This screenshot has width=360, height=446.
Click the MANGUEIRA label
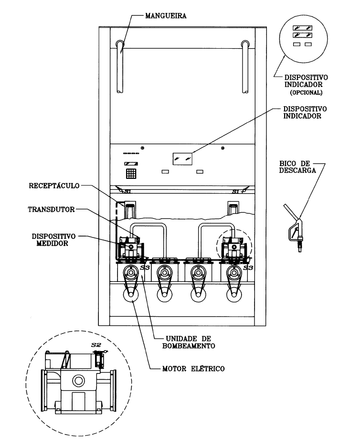click(x=166, y=16)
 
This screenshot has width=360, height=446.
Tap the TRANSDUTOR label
click(x=51, y=209)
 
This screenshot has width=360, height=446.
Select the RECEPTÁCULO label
click(x=54, y=186)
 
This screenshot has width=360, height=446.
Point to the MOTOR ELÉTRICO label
click(x=193, y=369)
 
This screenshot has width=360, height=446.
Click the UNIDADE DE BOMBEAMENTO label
click(x=189, y=342)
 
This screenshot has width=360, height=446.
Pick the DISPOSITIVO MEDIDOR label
click(x=53, y=240)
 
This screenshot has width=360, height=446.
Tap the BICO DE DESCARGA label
click(x=297, y=167)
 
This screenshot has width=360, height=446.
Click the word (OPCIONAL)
click(x=306, y=93)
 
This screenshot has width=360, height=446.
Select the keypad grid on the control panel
click(x=131, y=174)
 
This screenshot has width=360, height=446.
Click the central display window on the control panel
click(x=182, y=159)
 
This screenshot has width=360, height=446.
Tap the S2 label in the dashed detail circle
click(x=96, y=345)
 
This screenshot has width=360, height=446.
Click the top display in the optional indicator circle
click(x=303, y=28)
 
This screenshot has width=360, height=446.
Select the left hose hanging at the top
click(x=120, y=67)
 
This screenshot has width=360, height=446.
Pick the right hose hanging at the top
click(x=245, y=67)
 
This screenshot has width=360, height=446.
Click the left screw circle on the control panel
click(x=142, y=148)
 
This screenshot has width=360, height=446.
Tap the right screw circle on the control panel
click(x=222, y=148)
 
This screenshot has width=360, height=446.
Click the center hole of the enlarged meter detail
click(x=78, y=381)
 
